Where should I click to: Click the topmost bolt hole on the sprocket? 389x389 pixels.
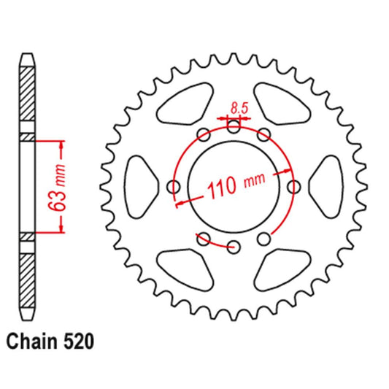point(234,127)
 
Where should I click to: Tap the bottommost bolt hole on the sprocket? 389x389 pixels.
point(234,247)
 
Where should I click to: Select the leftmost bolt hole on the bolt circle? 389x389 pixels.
point(174,187)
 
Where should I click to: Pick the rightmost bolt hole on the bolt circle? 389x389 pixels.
point(293,187)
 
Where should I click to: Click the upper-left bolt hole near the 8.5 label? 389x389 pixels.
point(204,135)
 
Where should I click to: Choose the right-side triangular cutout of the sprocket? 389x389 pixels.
point(323,185)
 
